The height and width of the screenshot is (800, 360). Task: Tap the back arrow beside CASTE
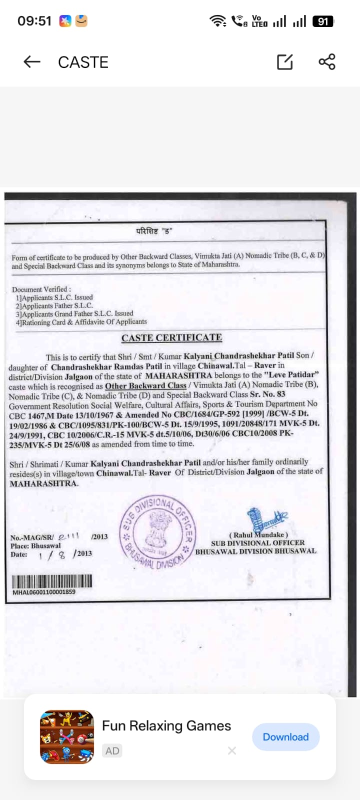click(31, 62)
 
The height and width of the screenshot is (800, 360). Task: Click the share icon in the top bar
click(327, 62)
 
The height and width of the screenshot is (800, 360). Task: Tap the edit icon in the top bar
click(285, 62)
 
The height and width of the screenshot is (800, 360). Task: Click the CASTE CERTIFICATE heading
click(171, 338)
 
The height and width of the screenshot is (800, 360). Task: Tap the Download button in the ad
click(285, 737)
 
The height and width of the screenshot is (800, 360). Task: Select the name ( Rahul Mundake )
click(258, 534)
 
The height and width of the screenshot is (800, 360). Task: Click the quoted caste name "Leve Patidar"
click(292, 374)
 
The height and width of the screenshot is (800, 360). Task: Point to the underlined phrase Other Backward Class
click(145, 385)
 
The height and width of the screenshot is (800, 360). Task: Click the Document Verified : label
click(41, 289)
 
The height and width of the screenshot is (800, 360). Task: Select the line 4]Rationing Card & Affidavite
click(81, 322)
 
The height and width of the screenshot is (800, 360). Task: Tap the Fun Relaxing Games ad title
click(166, 726)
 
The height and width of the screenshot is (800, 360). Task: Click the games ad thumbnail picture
click(67, 737)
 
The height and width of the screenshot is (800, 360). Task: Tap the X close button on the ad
click(232, 750)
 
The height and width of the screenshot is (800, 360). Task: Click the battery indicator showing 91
click(323, 21)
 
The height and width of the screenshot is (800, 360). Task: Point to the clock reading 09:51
click(34, 21)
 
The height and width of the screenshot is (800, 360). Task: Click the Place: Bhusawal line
click(35, 546)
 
